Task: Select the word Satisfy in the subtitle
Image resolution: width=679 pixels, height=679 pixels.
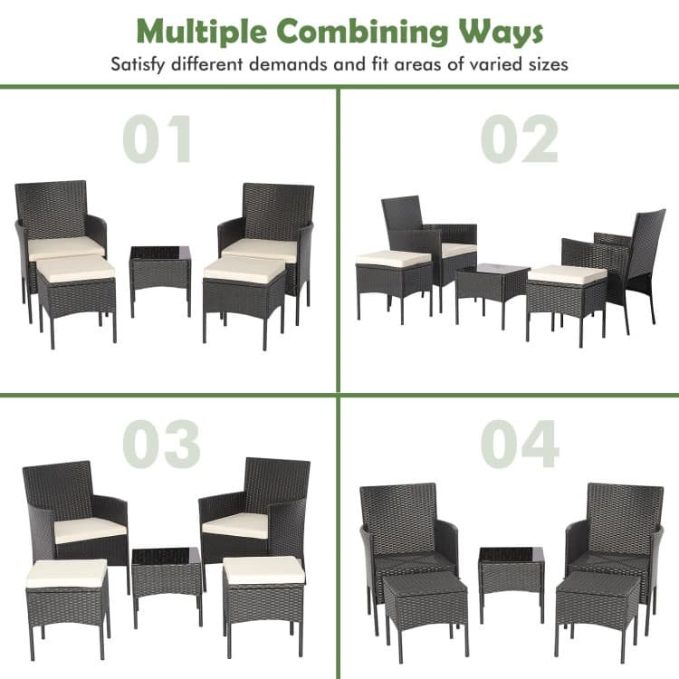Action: pyautogui.click(x=144, y=65)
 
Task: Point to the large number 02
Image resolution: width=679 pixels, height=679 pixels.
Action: pyautogui.click(x=520, y=140)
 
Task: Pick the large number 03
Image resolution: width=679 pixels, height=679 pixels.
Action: pyautogui.click(x=161, y=444)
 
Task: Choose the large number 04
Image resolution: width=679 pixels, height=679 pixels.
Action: pyautogui.click(x=520, y=444)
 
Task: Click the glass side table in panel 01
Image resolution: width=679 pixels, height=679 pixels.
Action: pyautogui.click(x=159, y=272)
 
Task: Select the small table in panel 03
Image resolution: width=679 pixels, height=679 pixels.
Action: pyautogui.click(x=166, y=579)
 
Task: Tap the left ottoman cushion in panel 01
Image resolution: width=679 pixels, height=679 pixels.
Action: pyautogui.click(x=76, y=268)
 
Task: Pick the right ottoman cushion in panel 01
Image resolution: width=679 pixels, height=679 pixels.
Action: pyautogui.click(x=245, y=269)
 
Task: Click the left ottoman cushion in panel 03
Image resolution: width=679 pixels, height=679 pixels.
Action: pyautogui.click(x=67, y=572)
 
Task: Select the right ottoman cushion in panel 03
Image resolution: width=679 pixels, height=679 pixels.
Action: pyautogui.click(x=263, y=570)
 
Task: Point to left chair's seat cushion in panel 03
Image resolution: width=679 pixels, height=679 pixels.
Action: pyautogui.click(x=89, y=530)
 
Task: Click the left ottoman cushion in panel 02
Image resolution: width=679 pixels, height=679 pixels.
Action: pyautogui.click(x=393, y=258)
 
